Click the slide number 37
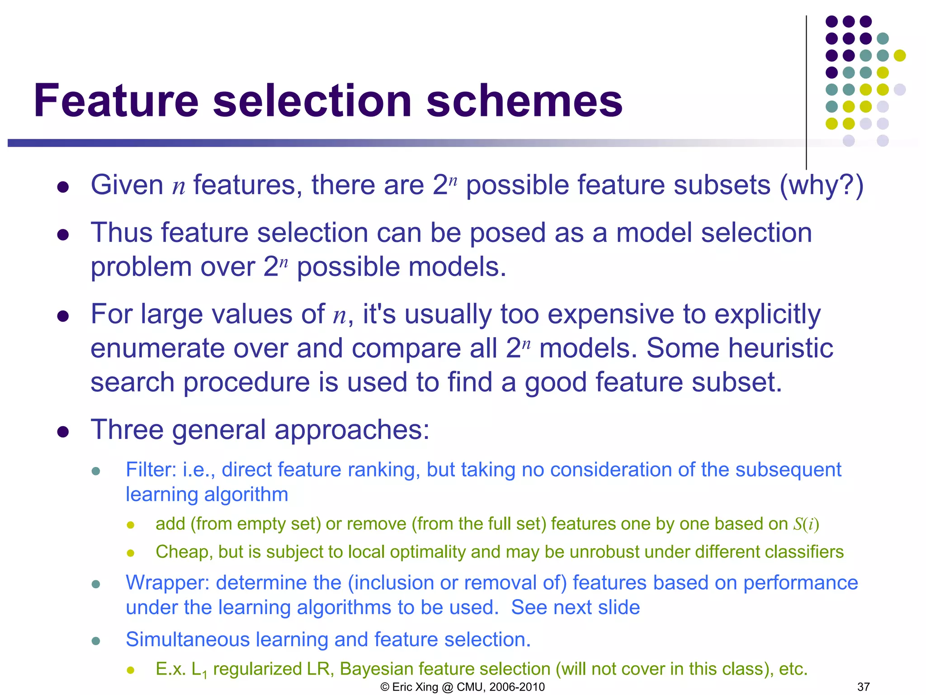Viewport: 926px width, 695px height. coord(863,687)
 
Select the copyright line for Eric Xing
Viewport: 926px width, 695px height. coord(463,687)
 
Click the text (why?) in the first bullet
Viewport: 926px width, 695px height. coord(821,186)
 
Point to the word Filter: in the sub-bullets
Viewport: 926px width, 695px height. coord(151,470)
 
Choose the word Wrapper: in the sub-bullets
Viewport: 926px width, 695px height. coord(167,583)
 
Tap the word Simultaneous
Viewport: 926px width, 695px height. coord(188,639)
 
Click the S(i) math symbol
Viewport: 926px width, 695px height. coord(806,524)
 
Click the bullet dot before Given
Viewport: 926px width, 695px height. coord(63,187)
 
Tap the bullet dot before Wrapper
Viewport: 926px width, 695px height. coord(95,584)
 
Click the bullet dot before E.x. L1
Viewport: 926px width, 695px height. coord(131,670)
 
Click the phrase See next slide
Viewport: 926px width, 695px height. coord(575,608)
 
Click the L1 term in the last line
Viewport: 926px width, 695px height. coord(199,670)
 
